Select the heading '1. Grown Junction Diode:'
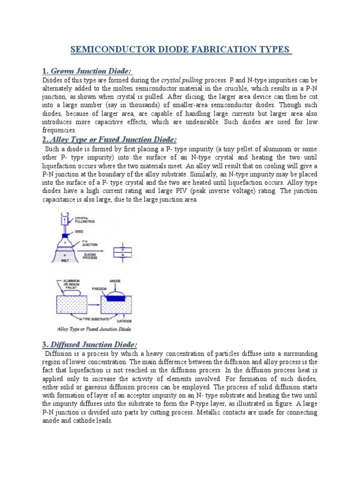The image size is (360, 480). point(87,71)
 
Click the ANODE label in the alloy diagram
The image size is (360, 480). point(115,281)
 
